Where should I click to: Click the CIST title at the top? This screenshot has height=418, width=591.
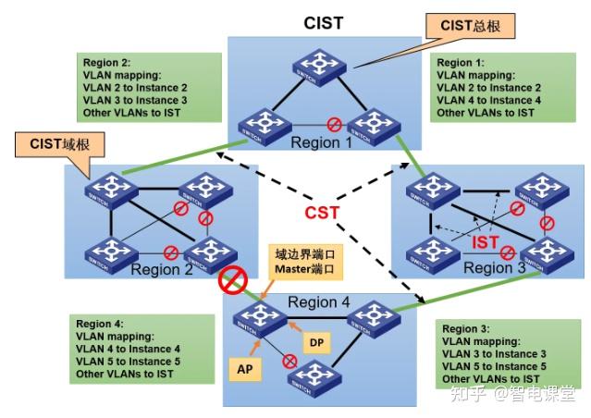[x=324, y=22]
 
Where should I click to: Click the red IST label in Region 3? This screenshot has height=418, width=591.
[x=487, y=242]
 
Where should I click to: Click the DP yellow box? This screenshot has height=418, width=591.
[x=315, y=342]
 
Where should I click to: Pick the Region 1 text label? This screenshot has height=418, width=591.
[x=322, y=142]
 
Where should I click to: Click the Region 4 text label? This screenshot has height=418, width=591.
[x=318, y=302]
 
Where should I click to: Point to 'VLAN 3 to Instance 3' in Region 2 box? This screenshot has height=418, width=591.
[x=135, y=100]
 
